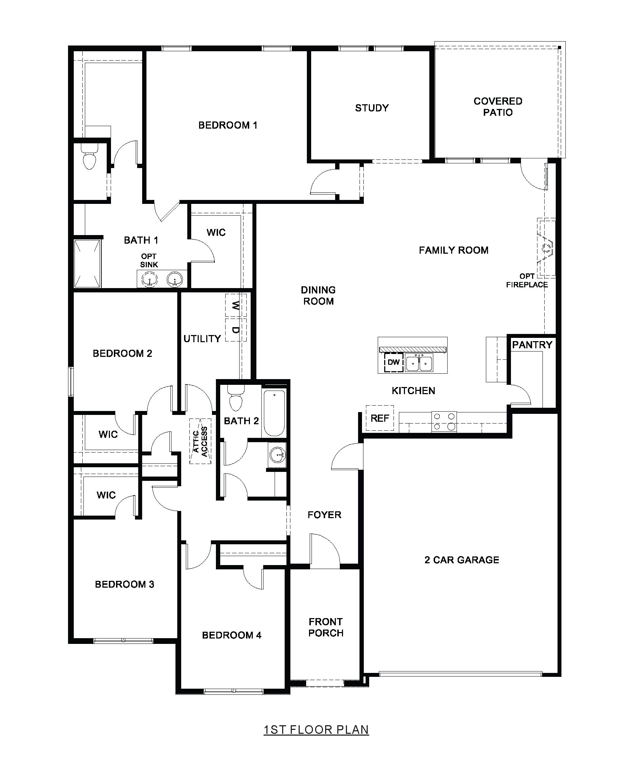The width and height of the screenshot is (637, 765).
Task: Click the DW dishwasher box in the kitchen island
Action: (x=394, y=362)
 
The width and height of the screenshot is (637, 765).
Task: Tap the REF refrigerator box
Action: (x=380, y=418)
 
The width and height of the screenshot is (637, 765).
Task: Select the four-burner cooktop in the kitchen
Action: (x=444, y=421)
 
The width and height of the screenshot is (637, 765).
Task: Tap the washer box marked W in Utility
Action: (x=236, y=305)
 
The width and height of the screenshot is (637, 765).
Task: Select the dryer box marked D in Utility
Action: (x=236, y=330)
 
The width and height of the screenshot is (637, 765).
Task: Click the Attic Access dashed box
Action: (x=200, y=441)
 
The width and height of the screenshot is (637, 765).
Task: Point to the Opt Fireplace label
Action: (x=527, y=281)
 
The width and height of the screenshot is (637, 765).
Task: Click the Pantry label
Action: (x=532, y=345)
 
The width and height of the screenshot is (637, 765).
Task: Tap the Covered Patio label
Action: (x=498, y=106)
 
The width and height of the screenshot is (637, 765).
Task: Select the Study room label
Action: (x=372, y=108)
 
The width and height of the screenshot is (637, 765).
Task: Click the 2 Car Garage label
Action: (x=462, y=560)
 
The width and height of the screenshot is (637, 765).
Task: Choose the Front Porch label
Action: (x=326, y=627)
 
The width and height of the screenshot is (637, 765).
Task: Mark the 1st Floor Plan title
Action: (x=316, y=730)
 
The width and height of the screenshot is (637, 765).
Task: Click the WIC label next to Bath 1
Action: (x=216, y=233)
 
